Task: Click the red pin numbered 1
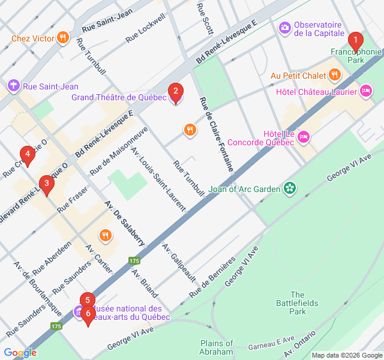pyautogui.click(x=356, y=41)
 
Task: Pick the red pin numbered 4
pyautogui.click(x=26, y=155)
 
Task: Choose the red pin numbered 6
pyautogui.click(x=88, y=313)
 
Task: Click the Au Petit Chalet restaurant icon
pyautogui.click(x=335, y=75)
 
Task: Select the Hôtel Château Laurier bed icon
pyautogui.click(x=366, y=91)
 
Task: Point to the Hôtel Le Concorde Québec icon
pyautogui.click(x=304, y=137)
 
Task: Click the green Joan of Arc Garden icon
pyautogui.click(x=290, y=189)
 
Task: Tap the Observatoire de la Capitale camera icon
pyautogui.click(x=284, y=28)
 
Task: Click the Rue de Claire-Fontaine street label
pyautogui.click(x=217, y=134)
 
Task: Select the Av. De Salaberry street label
pyautogui.click(x=124, y=221)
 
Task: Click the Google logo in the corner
pyautogui.click(x=20, y=352)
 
